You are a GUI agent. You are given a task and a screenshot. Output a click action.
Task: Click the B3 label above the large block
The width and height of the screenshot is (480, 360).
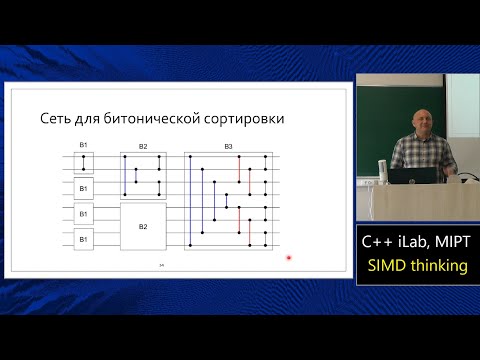[x=228, y=147]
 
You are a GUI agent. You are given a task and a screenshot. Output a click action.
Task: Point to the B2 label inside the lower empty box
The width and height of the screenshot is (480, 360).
[x=143, y=226]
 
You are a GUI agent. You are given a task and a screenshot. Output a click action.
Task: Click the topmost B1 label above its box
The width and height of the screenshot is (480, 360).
[x=84, y=147]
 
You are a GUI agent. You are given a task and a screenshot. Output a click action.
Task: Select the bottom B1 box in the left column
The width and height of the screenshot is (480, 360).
[x=84, y=240]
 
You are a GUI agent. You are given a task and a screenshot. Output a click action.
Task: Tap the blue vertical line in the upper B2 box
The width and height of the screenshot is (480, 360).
[x=125, y=174]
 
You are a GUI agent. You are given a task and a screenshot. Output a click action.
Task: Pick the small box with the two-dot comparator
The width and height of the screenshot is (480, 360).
[x=84, y=162]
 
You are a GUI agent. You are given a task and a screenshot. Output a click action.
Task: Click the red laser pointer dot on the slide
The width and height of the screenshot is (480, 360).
[x=289, y=258]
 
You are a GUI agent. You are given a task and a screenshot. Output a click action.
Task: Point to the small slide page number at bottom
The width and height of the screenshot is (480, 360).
[x=162, y=265]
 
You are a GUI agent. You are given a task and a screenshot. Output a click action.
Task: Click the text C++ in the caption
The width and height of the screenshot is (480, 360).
[x=378, y=243]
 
